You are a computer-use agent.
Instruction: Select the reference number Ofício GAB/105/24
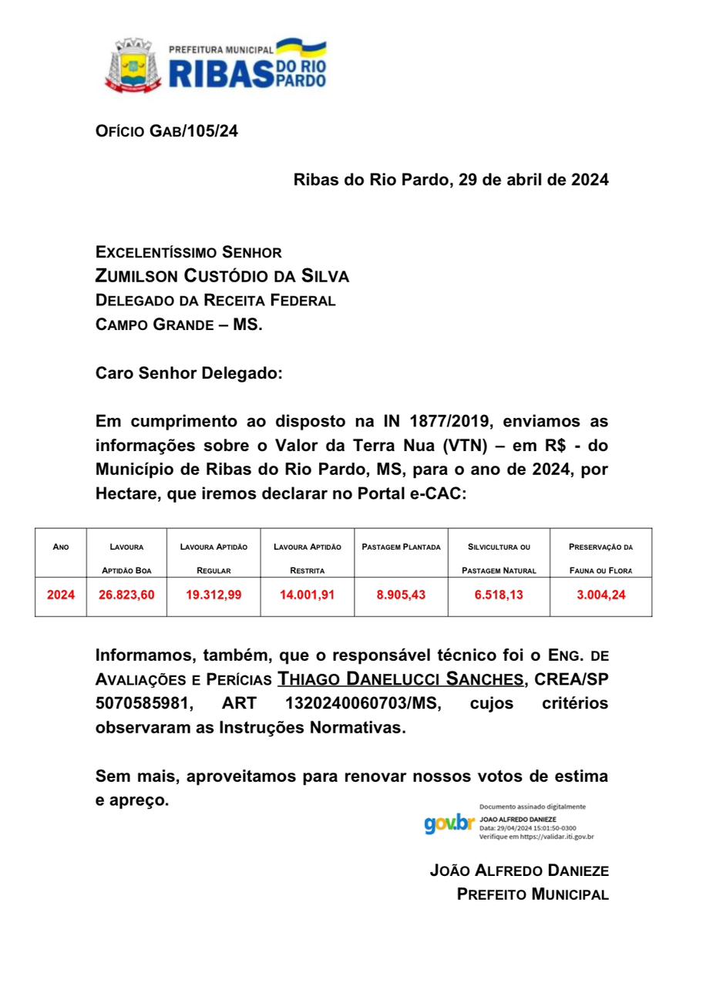click(x=166, y=131)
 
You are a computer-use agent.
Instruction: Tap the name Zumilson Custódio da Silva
click(x=222, y=276)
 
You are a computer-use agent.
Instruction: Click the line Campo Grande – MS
click(x=179, y=325)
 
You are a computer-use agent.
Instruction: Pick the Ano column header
click(x=61, y=547)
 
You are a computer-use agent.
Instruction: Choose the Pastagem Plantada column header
click(x=401, y=547)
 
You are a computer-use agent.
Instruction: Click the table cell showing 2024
click(x=61, y=595)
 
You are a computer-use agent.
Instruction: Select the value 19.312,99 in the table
click(x=214, y=595)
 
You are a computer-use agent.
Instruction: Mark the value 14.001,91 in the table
click(x=307, y=595)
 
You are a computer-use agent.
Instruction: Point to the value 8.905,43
click(x=401, y=595)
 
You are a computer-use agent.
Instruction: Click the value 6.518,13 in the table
click(x=497, y=595)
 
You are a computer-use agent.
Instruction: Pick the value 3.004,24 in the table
click(x=601, y=595)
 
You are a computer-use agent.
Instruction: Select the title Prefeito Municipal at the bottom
click(x=533, y=894)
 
